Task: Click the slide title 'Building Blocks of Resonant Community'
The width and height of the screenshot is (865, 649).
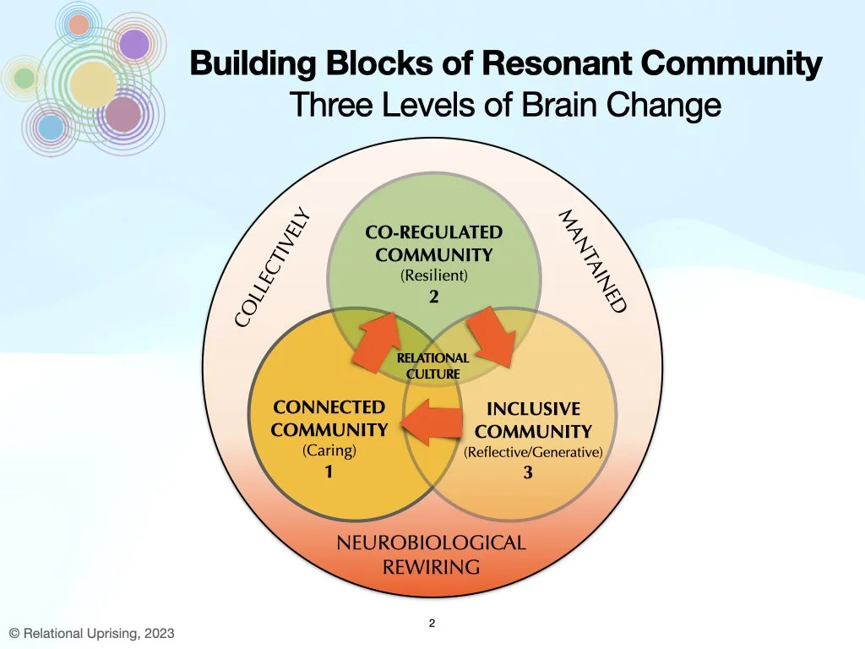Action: pyautogui.click(x=505, y=64)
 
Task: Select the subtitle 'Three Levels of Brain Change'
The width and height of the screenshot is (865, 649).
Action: pyautogui.click(x=505, y=106)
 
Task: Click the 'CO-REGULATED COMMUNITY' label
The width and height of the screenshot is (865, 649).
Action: pyautogui.click(x=433, y=243)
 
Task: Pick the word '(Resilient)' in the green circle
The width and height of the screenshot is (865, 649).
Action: pyautogui.click(x=434, y=275)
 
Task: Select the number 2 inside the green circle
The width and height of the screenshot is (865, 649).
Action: pyautogui.click(x=433, y=296)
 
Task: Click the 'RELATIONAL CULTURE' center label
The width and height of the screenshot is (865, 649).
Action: pyautogui.click(x=432, y=366)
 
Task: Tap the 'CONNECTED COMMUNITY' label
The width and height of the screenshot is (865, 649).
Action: pyautogui.click(x=329, y=418)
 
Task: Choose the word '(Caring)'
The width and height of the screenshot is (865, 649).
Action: pyautogui.click(x=329, y=450)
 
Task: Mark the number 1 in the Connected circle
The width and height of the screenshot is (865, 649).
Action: pyautogui.click(x=329, y=472)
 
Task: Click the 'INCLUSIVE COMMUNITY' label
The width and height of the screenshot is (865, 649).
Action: pyautogui.click(x=533, y=420)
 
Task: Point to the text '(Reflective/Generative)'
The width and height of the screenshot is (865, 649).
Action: pyautogui.click(x=533, y=452)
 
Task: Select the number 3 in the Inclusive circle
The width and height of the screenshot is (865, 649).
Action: pyautogui.click(x=528, y=473)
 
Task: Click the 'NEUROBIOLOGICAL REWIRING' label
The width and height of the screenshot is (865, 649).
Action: pyautogui.click(x=431, y=554)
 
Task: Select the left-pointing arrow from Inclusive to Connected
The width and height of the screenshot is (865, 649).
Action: pyautogui.click(x=432, y=420)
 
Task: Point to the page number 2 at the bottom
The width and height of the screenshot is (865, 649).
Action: pyautogui.click(x=432, y=624)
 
